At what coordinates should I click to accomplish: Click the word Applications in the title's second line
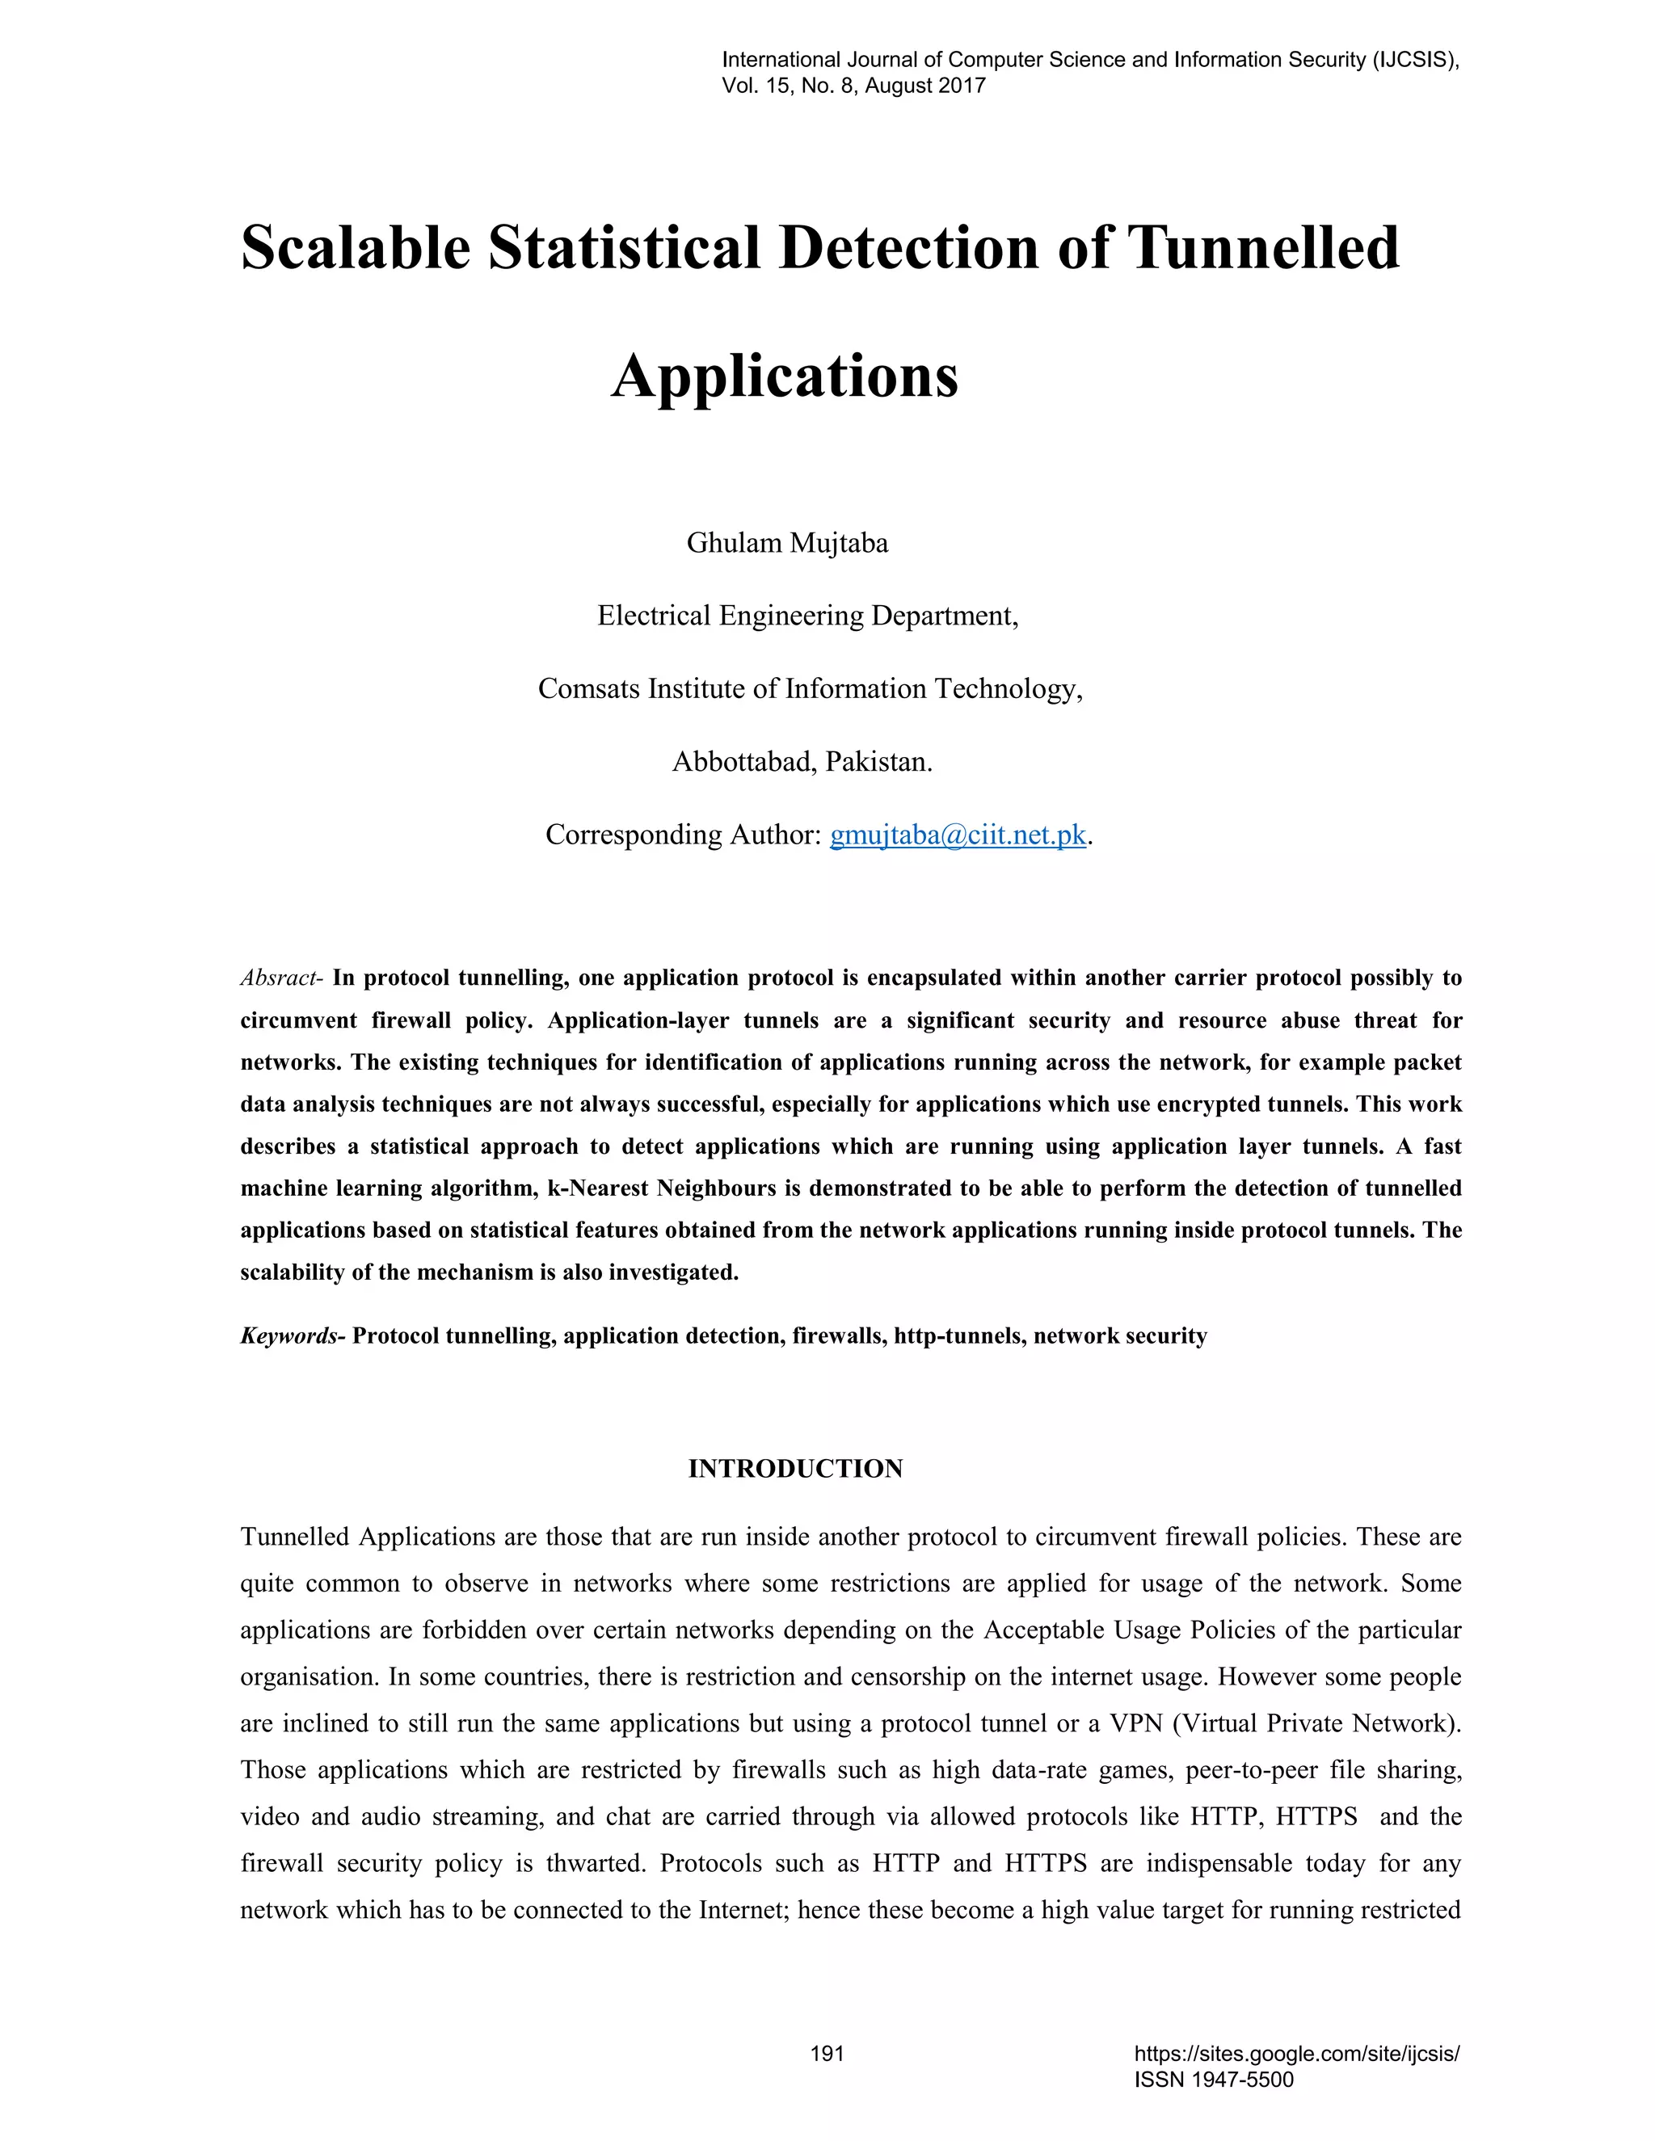785,376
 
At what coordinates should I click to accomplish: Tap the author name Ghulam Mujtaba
786,543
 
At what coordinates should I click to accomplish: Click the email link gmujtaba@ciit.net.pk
958,835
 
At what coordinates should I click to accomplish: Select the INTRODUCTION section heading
795,1469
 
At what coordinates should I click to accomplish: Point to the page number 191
827,2054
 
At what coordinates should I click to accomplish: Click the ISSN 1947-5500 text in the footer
1214,2080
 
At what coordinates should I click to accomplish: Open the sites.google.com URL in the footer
1296,2054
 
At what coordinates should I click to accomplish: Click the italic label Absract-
281,978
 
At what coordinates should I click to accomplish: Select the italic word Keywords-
293,1336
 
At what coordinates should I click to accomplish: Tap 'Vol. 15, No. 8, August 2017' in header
853,86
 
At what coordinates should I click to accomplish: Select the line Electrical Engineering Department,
808,616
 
